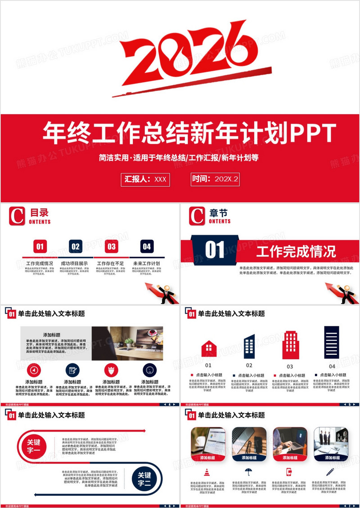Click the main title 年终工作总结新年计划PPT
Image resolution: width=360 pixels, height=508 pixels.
189,133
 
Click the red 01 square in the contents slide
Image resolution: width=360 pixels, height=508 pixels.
40,246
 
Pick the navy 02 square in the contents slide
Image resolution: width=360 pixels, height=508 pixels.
76,246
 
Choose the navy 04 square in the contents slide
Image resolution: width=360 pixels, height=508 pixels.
147,246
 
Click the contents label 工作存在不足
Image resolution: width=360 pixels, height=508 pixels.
111,263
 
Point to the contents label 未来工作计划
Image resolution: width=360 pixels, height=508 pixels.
147,263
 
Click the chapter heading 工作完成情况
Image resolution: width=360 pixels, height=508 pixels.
296,251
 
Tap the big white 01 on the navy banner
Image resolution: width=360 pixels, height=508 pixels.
215,250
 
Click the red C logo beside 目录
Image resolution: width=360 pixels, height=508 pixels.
17,216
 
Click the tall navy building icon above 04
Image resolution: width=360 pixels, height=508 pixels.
332,342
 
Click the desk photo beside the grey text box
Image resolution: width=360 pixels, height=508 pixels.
127,343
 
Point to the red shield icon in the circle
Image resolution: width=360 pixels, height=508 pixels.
111,370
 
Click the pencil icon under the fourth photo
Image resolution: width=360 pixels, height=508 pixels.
330,472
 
